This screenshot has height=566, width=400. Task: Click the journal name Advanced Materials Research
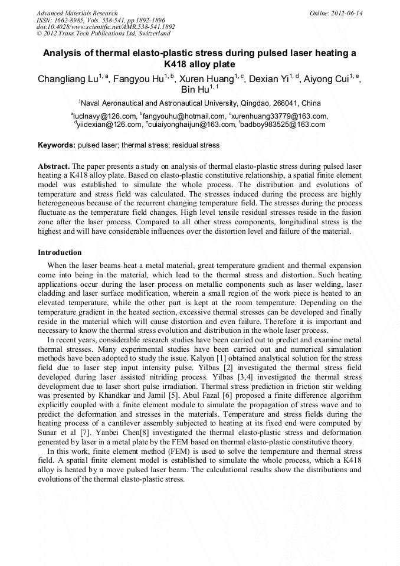pyautogui.click(x=77, y=13)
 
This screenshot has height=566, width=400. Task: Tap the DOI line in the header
pyautogui.click(x=106, y=27)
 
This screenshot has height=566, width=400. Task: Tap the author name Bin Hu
pyautogui.click(x=196, y=90)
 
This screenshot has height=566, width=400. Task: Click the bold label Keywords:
pyautogui.click(x=57, y=145)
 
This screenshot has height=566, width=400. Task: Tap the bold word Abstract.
pyautogui.click(x=54, y=166)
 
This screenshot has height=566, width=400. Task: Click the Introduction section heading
pyautogui.click(x=60, y=253)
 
